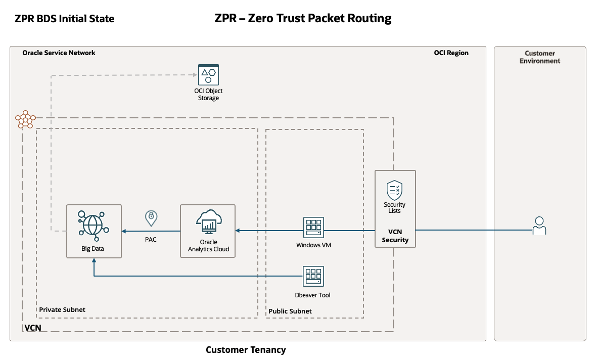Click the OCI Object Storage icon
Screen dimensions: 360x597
point(208,74)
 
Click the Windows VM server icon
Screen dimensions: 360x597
point(313,228)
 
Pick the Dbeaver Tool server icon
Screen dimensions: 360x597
point(313,277)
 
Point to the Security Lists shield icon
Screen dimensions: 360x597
point(394,190)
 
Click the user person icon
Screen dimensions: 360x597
point(539,226)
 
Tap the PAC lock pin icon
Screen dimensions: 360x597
point(151,218)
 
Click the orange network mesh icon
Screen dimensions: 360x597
point(25,120)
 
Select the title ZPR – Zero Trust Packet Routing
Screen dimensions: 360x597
point(303,19)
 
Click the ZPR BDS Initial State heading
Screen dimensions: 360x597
point(65,19)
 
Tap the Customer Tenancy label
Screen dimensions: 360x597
point(246,350)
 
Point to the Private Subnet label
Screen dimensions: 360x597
point(62,309)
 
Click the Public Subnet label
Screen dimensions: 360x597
point(290,311)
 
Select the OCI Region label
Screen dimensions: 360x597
point(451,53)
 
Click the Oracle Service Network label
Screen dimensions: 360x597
point(59,53)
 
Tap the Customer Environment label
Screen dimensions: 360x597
point(540,57)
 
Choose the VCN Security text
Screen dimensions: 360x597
point(395,236)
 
